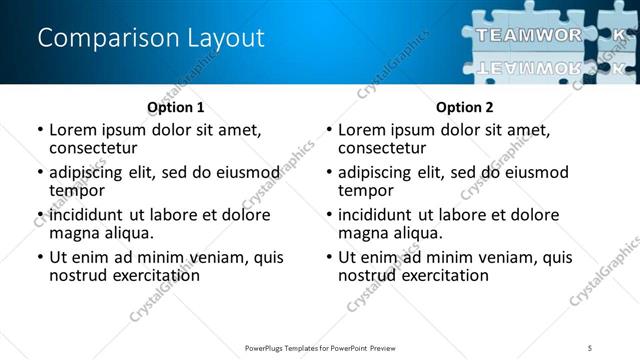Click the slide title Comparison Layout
[151, 39]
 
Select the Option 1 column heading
[176, 107]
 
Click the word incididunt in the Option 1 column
[88, 215]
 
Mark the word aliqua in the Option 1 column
[129, 233]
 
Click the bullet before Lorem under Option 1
[40, 130]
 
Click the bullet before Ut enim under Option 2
[329, 257]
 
